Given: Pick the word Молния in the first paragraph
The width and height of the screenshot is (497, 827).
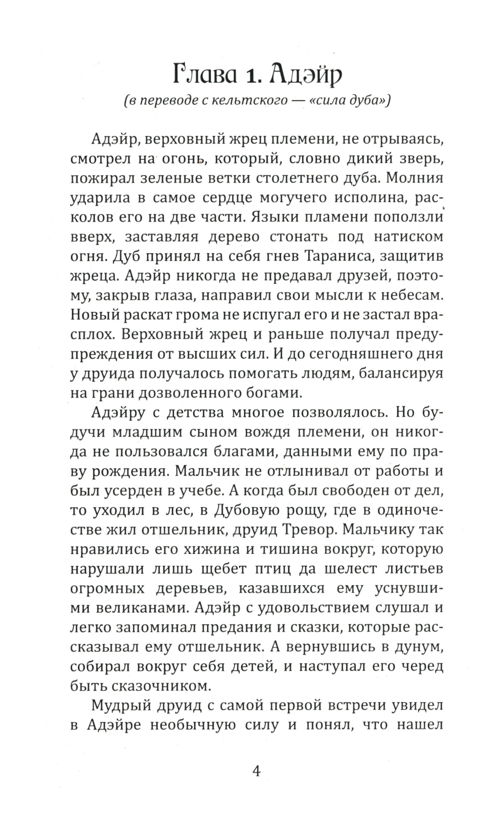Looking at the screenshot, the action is [414, 178].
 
